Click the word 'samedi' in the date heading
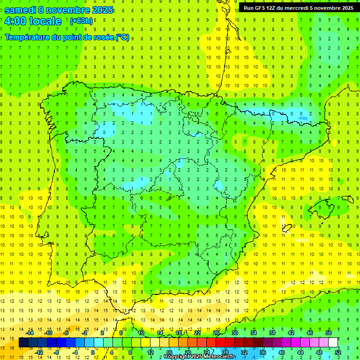pyautogui.click(x=20, y=10)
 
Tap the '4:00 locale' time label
pyautogui.click(x=33, y=21)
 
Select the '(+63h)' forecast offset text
pyautogui.click(x=81, y=21)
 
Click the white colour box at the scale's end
pyautogui.click(x=333, y=343)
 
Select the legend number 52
pyautogui.click(x=338, y=352)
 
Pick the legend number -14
pyautogui.click(x=29, y=333)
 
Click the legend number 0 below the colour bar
pyautogui.click(x=93, y=352)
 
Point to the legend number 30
pyautogui.click(x=235, y=333)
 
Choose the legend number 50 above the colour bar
pyautogui.click(x=329, y=333)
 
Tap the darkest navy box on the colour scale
pyautogui.click(x=24, y=343)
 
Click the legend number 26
pyautogui.click(x=216, y=333)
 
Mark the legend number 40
pyautogui.click(x=282, y=352)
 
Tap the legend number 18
pyautogui.click(x=179, y=333)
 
